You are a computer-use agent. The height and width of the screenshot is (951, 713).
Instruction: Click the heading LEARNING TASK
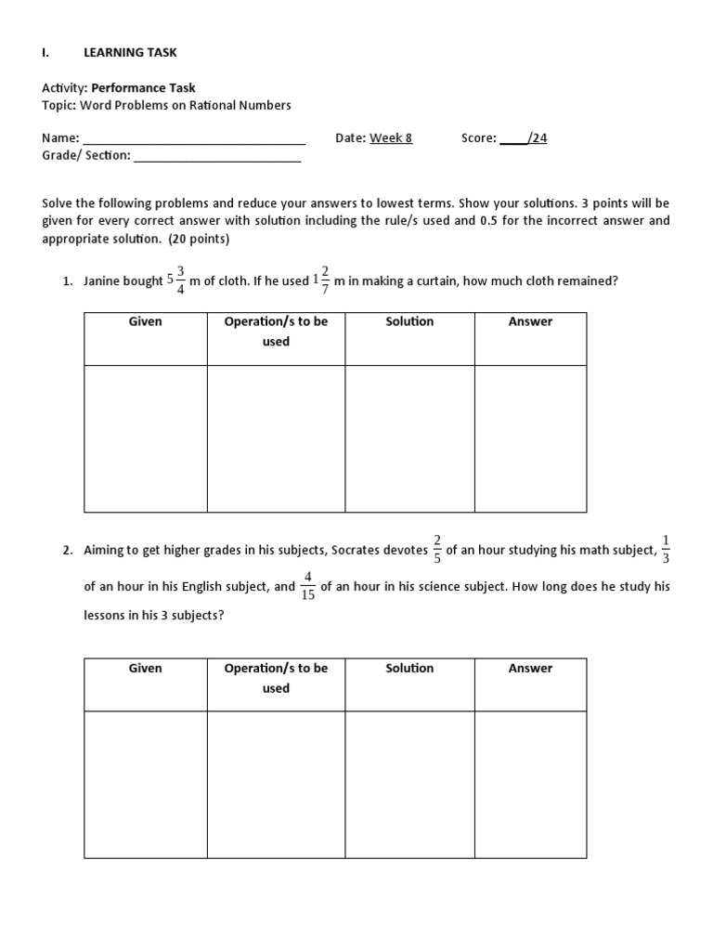point(130,53)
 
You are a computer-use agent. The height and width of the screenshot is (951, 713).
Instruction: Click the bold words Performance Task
point(143,88)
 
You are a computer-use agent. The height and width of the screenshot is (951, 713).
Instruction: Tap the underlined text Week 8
point(391,138)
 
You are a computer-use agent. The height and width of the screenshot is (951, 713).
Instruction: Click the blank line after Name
point(194,139)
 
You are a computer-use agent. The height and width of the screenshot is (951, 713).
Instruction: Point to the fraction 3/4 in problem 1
point(181,279)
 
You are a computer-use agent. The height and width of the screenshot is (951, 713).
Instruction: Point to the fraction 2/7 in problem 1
point(325,279)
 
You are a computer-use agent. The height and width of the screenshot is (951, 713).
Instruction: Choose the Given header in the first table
point(145,321)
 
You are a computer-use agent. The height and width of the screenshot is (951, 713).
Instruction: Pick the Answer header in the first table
point(530,321)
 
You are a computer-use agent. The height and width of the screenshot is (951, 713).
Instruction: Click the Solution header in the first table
point(409,321)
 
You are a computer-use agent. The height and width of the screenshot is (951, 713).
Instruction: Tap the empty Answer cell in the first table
point(530,438)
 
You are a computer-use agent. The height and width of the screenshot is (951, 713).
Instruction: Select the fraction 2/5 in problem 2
point(437,550)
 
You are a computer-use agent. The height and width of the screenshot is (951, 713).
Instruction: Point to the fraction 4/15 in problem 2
point(308,587)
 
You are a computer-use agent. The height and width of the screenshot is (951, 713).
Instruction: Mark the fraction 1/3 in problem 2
point(666,550)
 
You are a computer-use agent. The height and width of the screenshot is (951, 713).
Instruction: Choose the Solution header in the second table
point(409,668)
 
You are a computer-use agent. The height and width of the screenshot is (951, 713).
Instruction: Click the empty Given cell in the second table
point(145,785)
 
